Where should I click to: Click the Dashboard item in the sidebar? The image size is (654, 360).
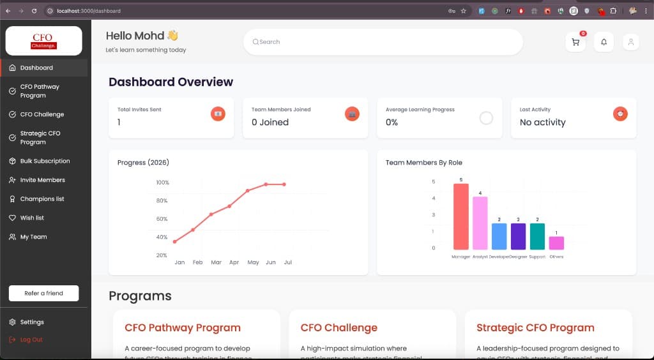point(36,68)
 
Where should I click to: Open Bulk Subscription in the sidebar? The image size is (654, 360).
point(45,161)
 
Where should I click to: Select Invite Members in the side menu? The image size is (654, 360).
point(42,180)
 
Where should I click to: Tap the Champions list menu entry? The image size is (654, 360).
point(42,199)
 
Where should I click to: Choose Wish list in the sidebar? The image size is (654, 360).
point(32,218)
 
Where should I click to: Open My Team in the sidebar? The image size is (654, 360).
point(33,237)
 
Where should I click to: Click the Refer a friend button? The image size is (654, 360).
point(43,293)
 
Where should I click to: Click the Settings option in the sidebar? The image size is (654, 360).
point(32,322)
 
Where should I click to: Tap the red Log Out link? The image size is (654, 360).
point(31,340)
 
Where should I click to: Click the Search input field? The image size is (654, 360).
point(383,42)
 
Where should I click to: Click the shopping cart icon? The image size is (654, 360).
point(575,42)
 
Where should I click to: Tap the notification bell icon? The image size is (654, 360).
point(604,42)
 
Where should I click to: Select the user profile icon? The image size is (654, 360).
point(630,42)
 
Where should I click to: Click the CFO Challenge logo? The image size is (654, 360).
point(44,41)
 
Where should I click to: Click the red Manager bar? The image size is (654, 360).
point(460,216)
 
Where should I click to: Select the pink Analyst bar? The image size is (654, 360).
point(480,223)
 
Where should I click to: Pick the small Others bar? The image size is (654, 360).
point(556,243)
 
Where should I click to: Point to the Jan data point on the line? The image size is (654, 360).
point(174,241)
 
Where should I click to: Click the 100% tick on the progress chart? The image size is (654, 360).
point(162,183)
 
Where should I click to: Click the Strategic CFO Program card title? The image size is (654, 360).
point(535,328)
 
